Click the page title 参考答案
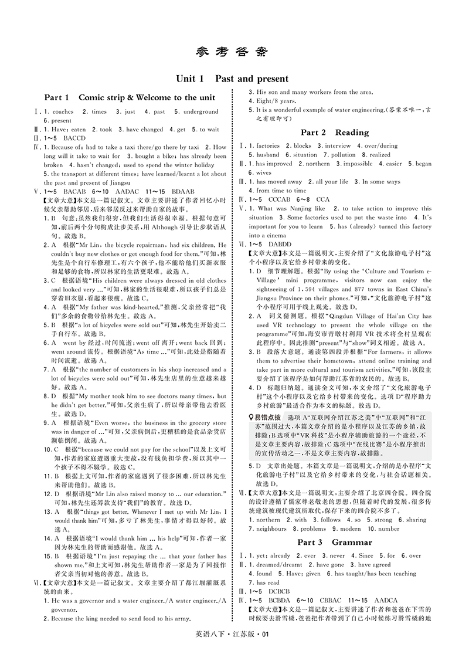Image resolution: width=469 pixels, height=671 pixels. (x=234, y=52)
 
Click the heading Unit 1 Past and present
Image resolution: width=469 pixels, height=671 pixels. (x=234, y=79)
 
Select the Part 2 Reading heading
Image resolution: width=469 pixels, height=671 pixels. (x=334, y=133)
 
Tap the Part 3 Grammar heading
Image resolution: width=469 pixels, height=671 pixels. (x=334, y=542)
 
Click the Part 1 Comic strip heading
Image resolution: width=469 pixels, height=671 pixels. (x=130, y=97)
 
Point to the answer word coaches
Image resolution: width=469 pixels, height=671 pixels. (x=63, y=111)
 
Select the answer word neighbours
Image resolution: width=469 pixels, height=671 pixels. (x=271, y=529)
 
